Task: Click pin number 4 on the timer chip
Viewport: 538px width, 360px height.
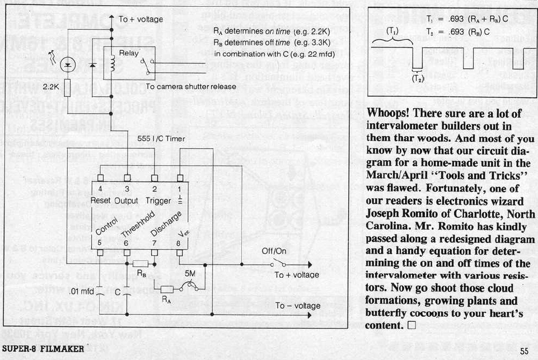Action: click(101, 190)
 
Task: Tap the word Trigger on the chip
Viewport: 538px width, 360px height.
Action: click(153, 200)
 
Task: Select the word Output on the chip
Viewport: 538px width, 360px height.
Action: click(126, 200)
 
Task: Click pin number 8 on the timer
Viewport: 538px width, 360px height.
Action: click(180, 243)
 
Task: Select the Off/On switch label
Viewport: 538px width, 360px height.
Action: click(274, 251)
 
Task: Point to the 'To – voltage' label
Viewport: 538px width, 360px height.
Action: click(297, 306)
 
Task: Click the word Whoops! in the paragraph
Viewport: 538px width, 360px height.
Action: click(389, 113)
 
